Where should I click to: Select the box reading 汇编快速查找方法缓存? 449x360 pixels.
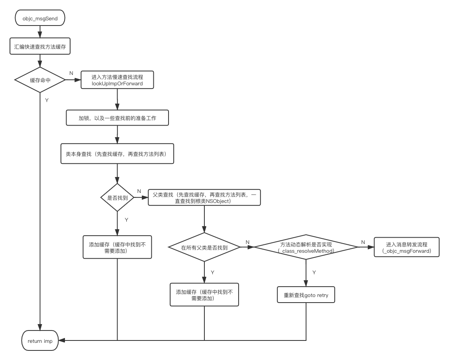(40, 47)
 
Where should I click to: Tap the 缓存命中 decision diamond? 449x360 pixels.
(40, 80)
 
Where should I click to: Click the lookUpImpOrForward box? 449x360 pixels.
(117, 80)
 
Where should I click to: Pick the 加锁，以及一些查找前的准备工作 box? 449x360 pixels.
(117, 118)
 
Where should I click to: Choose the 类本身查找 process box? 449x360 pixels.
(117, 153)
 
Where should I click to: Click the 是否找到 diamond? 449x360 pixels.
(117, 198)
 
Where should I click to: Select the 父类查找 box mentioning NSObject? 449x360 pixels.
(204, 198)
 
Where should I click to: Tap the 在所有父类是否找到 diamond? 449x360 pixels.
(204, 247)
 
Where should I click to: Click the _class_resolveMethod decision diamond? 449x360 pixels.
(306, 247)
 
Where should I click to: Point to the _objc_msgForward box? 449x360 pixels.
(406, 247)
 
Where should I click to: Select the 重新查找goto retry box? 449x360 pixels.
(306, 295)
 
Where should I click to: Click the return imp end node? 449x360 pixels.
(40, 340)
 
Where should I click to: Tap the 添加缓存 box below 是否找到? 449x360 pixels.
(117, 247)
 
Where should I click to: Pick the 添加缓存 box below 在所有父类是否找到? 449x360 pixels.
(204, 295)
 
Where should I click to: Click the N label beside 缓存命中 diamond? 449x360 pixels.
(71, 73)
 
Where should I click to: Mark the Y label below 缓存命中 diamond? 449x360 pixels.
(47, 100)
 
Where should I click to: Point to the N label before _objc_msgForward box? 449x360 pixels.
(363, 242)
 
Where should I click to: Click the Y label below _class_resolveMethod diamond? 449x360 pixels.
(314, 272)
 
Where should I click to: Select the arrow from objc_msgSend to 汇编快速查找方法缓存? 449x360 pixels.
(40, 31)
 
